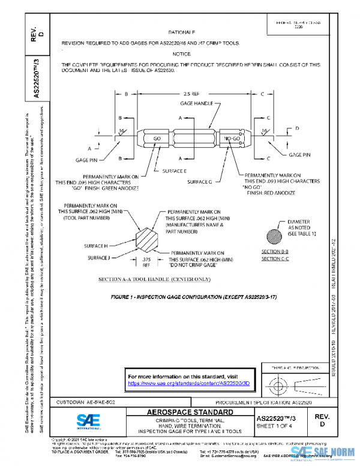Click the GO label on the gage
point(157,139)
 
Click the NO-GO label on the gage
point(232,139)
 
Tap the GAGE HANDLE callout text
point(196,104)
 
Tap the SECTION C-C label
point(275,259)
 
